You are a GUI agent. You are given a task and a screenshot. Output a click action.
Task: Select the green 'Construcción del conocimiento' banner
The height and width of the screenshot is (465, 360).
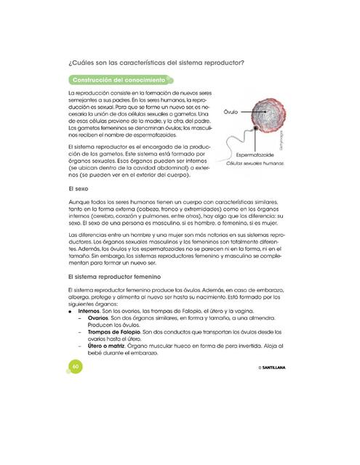coord(116,79)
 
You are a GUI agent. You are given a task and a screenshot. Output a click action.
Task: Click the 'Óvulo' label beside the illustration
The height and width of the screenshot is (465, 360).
coord(231,113)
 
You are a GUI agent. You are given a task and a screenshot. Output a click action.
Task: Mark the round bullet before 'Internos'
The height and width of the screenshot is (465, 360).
coord(70,310)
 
